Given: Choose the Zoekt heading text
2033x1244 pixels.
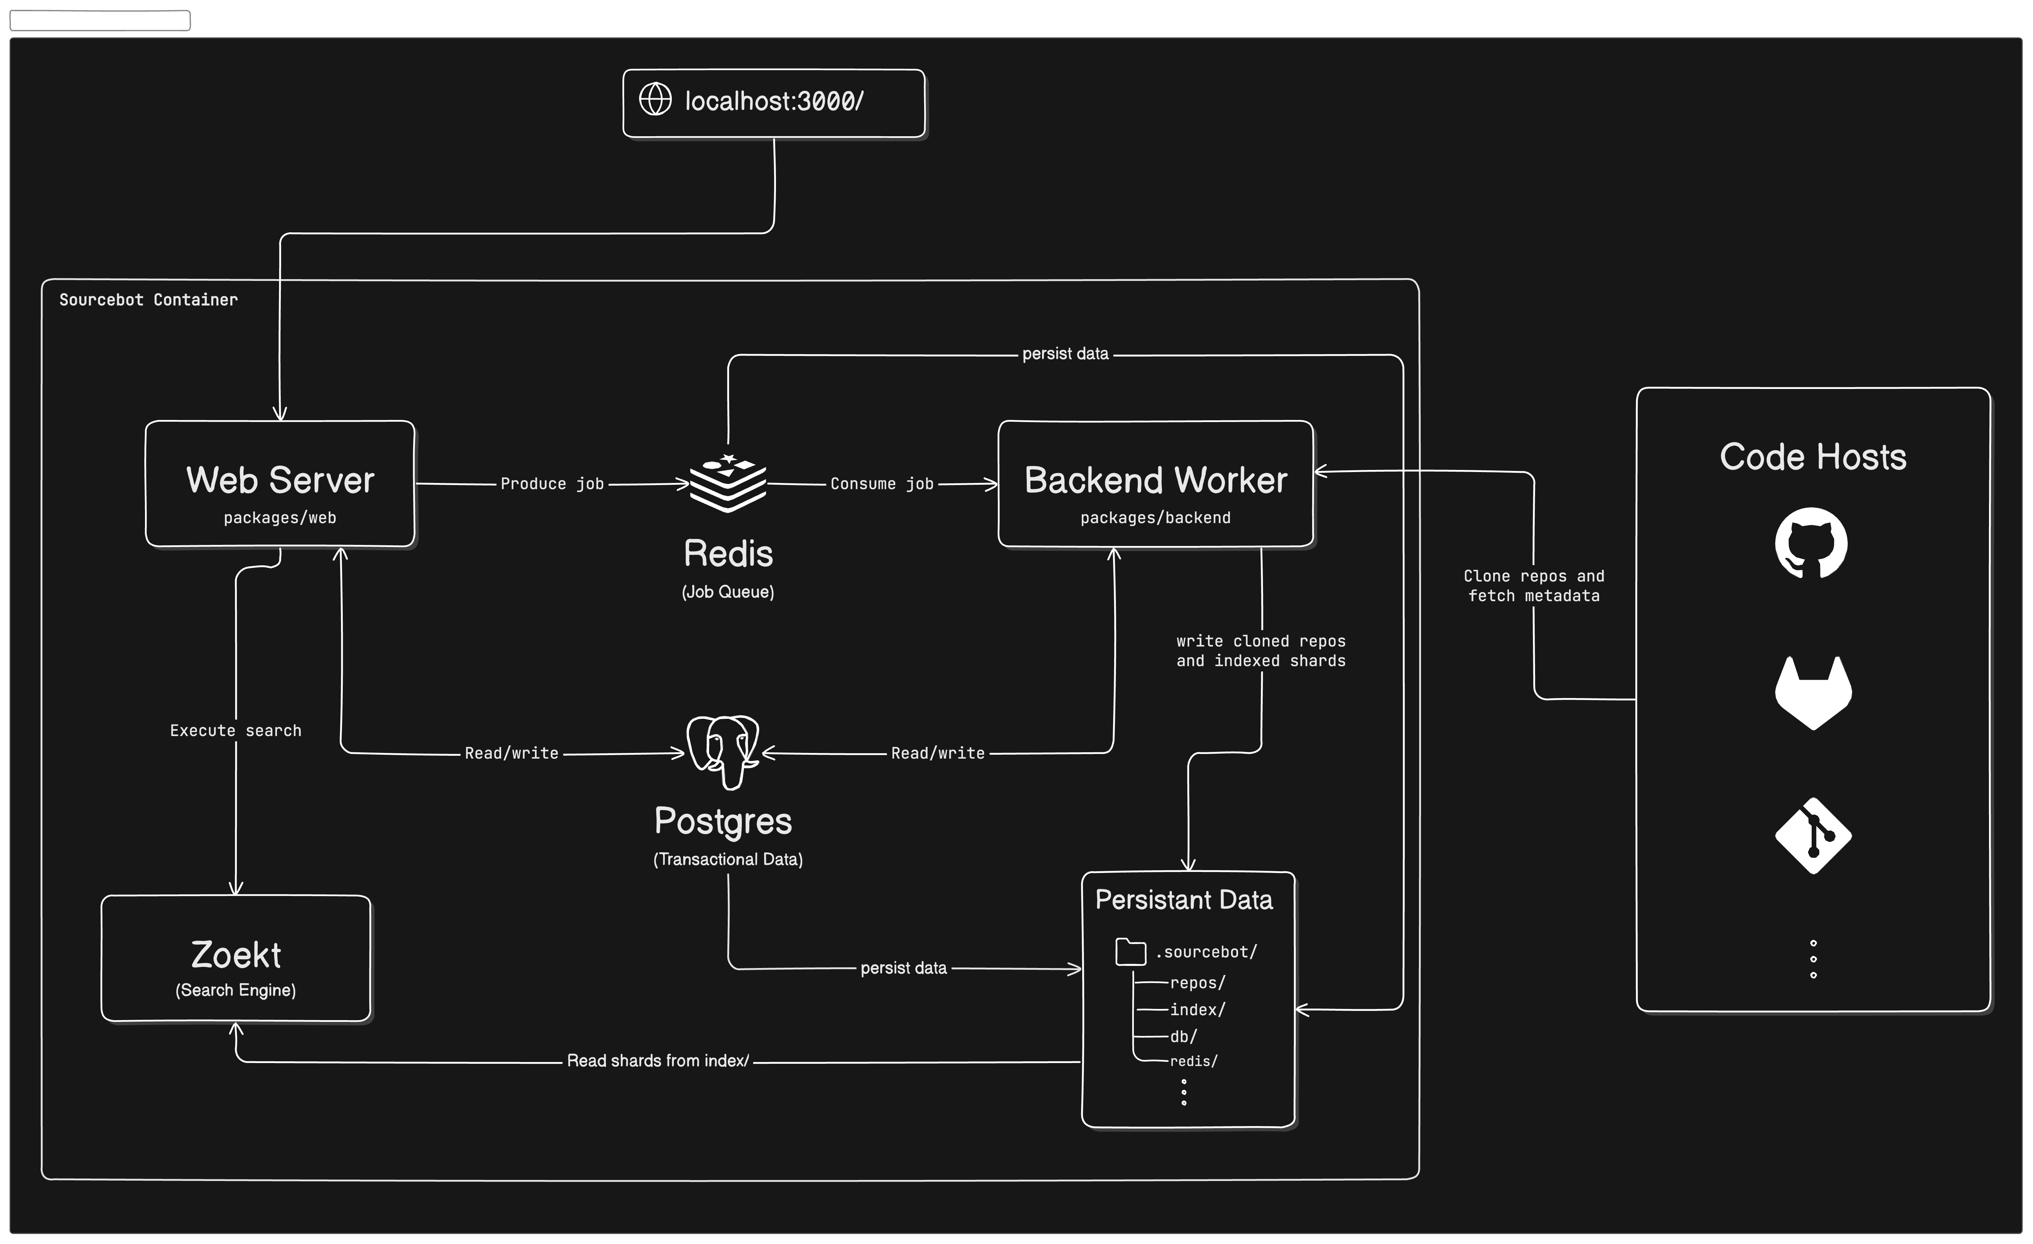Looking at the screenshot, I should point(236,955).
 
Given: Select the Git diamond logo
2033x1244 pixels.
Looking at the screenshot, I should point(1813,835).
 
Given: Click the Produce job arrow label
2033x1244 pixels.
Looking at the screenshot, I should point(552,484).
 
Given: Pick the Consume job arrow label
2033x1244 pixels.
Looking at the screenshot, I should point(882,484).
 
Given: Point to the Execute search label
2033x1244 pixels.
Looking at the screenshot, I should point(236,730).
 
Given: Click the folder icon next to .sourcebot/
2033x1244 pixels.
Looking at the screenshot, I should point(1130,952).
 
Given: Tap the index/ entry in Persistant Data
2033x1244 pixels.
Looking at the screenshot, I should point(1197,1010).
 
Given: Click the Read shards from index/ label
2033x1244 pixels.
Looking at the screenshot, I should point(658,1061).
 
